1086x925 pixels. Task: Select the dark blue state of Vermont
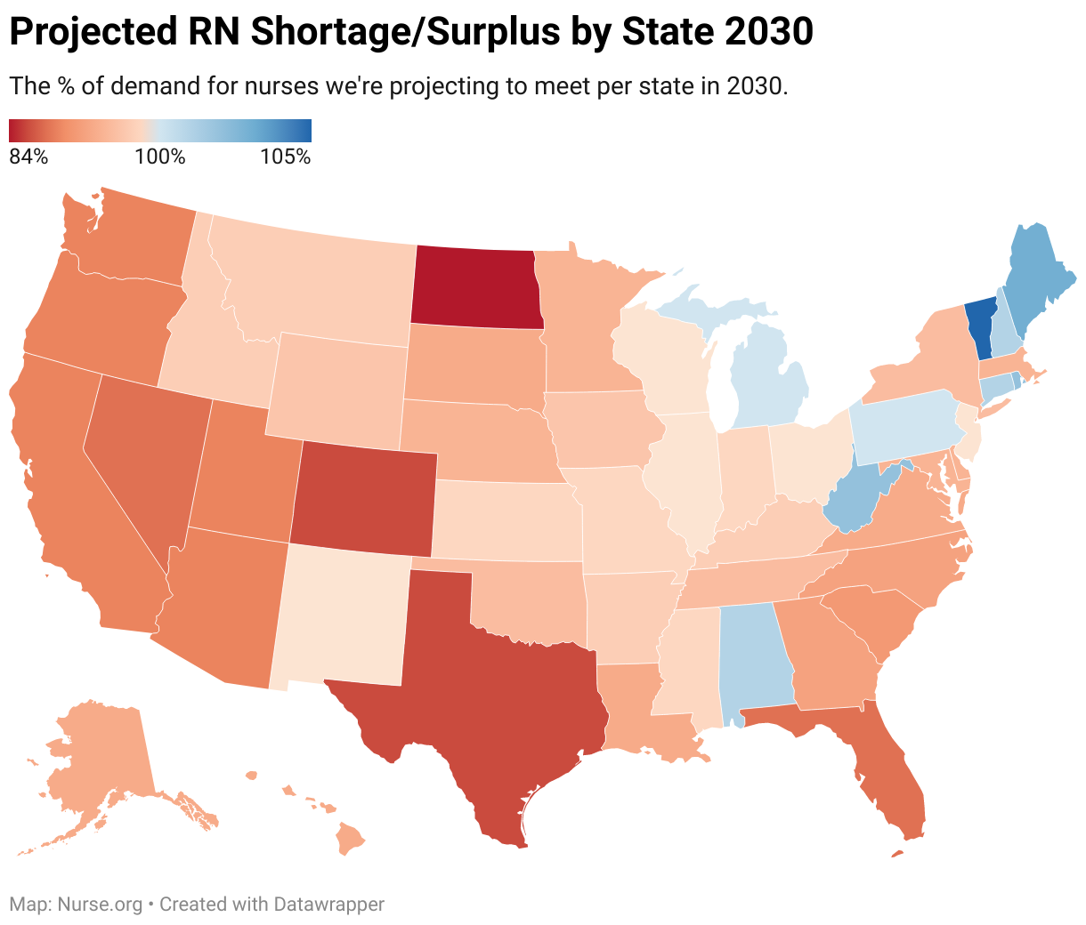[979, 327]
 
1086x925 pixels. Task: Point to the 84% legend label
[28, 157]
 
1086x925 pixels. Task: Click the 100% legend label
[160, 157]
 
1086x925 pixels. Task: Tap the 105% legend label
[286, 157]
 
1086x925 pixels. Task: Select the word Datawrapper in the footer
[329, 905]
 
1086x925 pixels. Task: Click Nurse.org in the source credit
[100, 905]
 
